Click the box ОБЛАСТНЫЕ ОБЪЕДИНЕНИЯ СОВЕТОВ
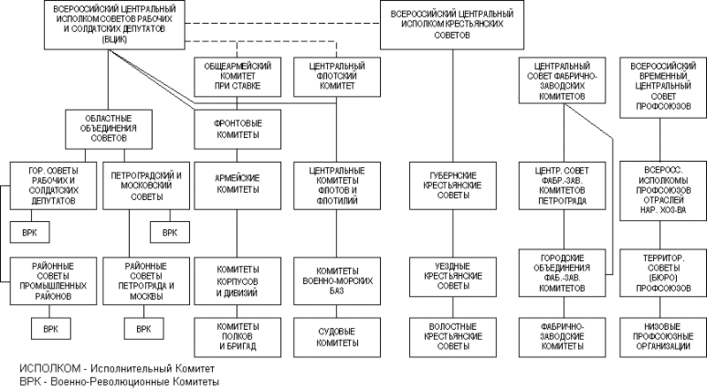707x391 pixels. point(108,129)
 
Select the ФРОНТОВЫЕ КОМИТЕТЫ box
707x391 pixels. point(238,129)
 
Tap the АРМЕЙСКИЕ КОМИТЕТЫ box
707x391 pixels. point(238,186)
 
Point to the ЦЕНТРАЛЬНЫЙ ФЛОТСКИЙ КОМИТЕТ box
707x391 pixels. point(337,77)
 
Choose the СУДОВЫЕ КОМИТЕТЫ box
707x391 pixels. point(337,337)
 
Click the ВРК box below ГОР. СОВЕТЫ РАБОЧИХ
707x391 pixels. point(30,233)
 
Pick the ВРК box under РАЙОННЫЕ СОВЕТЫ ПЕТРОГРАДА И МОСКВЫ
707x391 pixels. point(144,329)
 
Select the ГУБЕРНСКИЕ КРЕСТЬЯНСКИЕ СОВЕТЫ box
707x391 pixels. point(453,186)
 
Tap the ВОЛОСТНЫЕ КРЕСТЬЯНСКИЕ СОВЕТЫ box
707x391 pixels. point(453,337)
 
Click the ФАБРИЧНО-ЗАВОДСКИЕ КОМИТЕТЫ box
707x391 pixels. point(562,337)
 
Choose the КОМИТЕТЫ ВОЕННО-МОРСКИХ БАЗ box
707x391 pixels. point(337,280)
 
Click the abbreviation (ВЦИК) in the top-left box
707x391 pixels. point(115,40)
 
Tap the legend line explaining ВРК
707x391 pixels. point(119,382)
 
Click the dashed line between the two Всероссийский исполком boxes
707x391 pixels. point(282,23)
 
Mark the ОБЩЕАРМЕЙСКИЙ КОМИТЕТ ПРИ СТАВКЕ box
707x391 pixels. point(238,77)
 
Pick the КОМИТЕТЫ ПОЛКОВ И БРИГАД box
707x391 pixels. point(238,337)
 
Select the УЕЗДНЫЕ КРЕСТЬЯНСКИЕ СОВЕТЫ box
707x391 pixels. point(453,277)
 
